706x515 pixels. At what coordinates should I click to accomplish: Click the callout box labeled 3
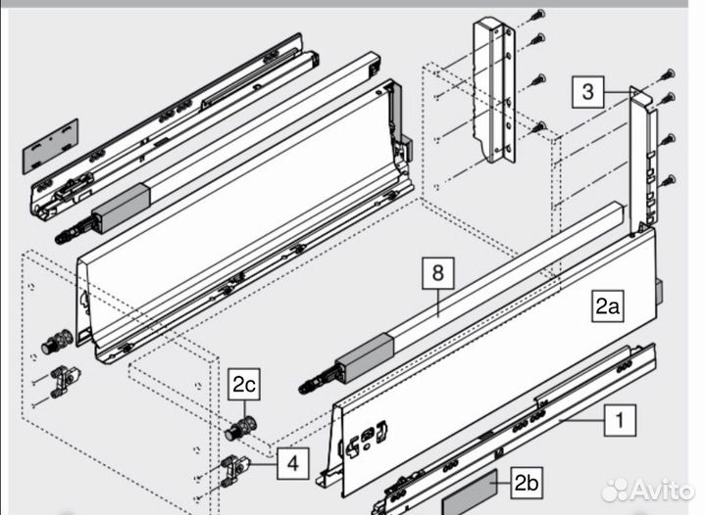pos(587,92)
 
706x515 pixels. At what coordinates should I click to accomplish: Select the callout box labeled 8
pos(438,273)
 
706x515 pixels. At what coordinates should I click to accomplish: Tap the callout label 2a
pos(607,306)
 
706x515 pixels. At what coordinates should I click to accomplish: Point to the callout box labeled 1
pos(620,420)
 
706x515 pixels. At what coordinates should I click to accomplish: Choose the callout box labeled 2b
pos(527,483)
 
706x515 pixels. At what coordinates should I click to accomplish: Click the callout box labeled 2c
pos(244,384)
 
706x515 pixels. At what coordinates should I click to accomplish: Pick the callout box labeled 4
pos(292,463)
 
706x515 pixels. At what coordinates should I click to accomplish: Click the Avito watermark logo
pos(647,490)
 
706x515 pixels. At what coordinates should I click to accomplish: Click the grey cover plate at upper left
pos(50,146)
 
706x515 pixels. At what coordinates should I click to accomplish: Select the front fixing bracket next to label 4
pos(235,471)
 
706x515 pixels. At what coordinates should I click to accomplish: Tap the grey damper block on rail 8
pos(365,357)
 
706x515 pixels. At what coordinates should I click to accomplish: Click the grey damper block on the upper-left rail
pos(121,208)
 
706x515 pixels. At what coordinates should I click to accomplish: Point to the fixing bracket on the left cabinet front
pos(65,382)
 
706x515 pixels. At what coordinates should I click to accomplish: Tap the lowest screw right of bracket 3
pos(669,181)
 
